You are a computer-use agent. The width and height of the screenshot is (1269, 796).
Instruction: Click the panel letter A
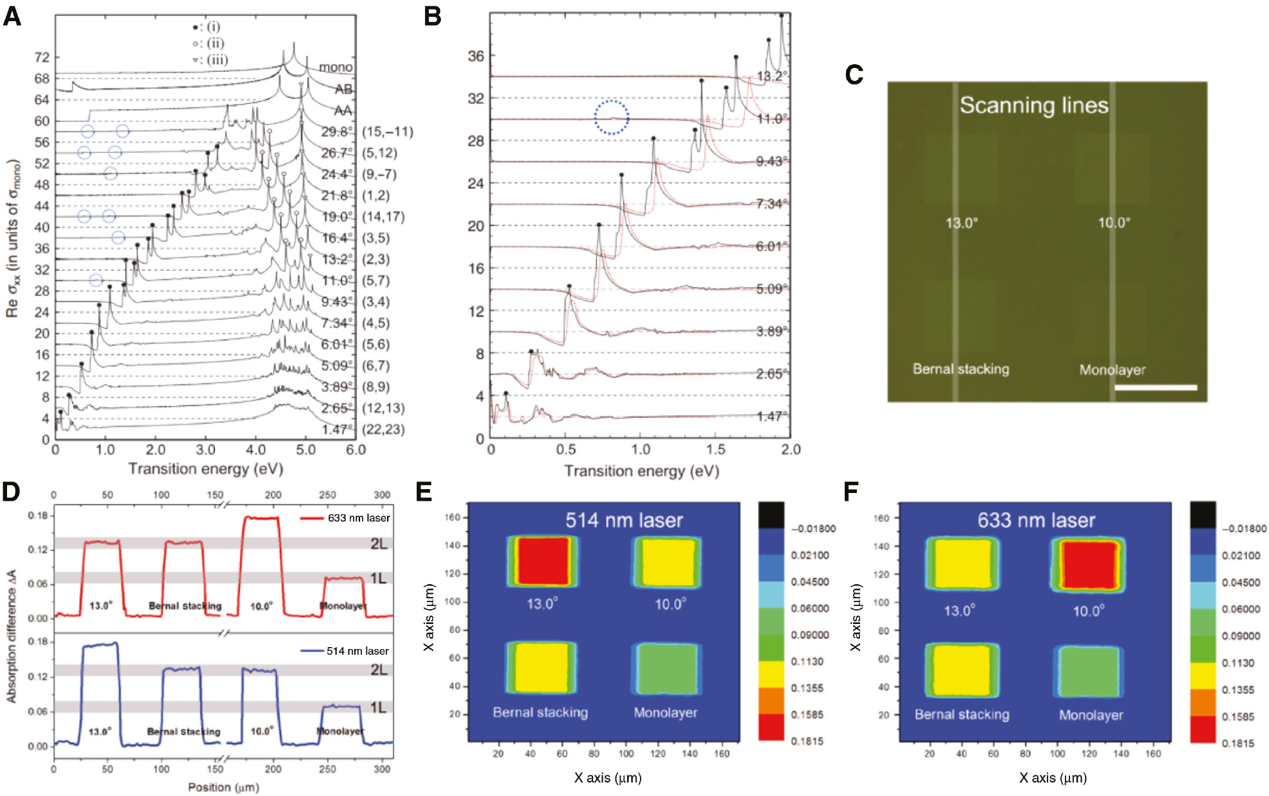click(x=12, y=16)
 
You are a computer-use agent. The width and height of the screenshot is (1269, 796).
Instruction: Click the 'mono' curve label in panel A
click(x=336, y=67)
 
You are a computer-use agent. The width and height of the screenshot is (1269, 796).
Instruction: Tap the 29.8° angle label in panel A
click(x=337, y=132)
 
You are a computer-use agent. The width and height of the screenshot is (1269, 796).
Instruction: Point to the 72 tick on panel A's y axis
click(x=42, y=58)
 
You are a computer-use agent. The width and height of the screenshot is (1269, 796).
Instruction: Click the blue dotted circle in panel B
click(x=611, y=117)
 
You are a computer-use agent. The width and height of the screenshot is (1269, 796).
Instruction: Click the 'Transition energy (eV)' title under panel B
click(x=641, y=471)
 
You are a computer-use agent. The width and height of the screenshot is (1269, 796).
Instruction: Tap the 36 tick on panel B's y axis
click(x=476, y=56)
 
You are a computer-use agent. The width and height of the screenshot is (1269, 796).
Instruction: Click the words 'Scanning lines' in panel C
click(x=1033, y=105)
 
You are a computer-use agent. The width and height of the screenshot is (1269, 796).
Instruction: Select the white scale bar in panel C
click(x=1155, y=388)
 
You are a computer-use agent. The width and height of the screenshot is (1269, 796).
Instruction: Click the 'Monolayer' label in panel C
click(x=1112, y=370)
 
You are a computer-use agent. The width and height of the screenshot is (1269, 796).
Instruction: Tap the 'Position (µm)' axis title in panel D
click(x=223, y=787)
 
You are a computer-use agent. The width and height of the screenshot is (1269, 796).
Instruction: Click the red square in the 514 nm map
click(x=543, y=562)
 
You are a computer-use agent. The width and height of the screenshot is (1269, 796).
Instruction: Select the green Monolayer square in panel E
click(x=666, y=669)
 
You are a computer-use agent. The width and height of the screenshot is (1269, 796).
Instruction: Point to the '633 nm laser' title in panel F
click(x=1036, y=520)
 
